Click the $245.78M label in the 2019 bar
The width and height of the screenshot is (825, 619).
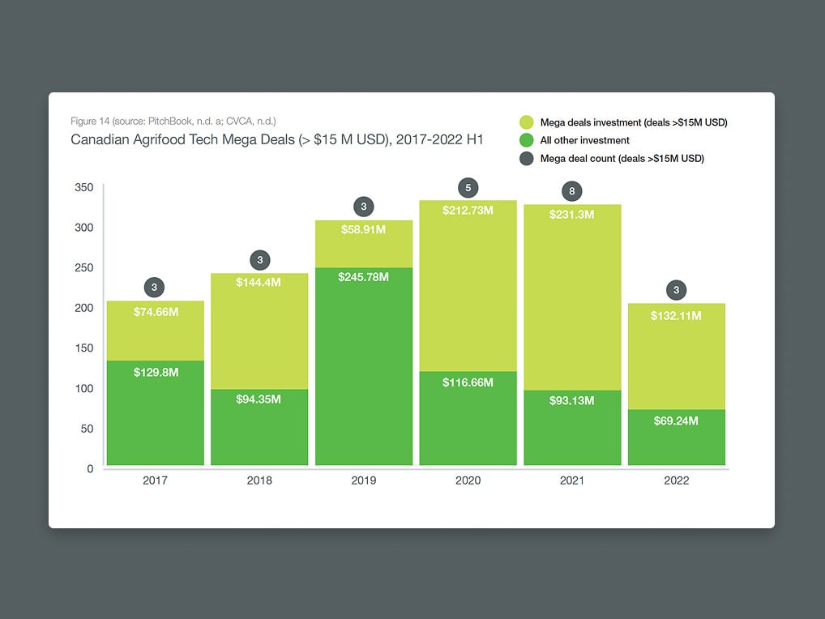pyautogui.click(x=363, y=277)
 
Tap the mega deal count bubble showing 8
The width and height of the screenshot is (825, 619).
pyautogui.click(x=572, y=192)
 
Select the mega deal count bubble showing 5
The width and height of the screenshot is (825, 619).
pyautogui.click(x=468, y=188)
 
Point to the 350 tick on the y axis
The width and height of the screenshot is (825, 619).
pyautogui.click(x=85, y=187)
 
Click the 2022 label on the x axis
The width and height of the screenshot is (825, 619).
pyautogui.click(x=676, y=480)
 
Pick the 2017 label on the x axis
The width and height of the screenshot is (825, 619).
pyautogui.click(x=155, y=480)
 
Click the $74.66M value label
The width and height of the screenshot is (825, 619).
pyautogui.click(x=155, y=311)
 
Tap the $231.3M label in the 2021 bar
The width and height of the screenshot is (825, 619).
pyautogui.click(x=572, y=215)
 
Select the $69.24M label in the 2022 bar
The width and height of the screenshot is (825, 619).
pyautogui.click(x=676, y=421)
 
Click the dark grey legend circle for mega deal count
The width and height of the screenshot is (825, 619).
pyautogui.click(x=527, y=159)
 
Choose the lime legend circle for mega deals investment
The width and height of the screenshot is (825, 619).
pyautogui.click(x=527, y=123)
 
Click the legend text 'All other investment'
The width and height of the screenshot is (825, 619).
pyautogui.click(x=585, y=141)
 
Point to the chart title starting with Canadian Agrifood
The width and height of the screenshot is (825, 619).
pyautogui.click(x=277, y=139)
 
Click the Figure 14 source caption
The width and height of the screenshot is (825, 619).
pyautogui.click(x=173, y=122)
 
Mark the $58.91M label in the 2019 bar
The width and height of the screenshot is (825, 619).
pyautogui.click(x=363, y=229)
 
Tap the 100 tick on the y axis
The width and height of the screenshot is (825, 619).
pyautogui.click(x=85, y=388)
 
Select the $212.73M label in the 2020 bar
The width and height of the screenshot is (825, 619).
pyautogui.click(x=468, y=210)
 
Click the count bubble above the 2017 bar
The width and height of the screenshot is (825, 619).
pyautogui.click(x=155, y=287)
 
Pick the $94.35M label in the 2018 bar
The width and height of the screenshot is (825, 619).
pyautogui.click(x=259, y=399)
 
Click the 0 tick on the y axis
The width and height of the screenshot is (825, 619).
pyautogui.click(x=90, y=468)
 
